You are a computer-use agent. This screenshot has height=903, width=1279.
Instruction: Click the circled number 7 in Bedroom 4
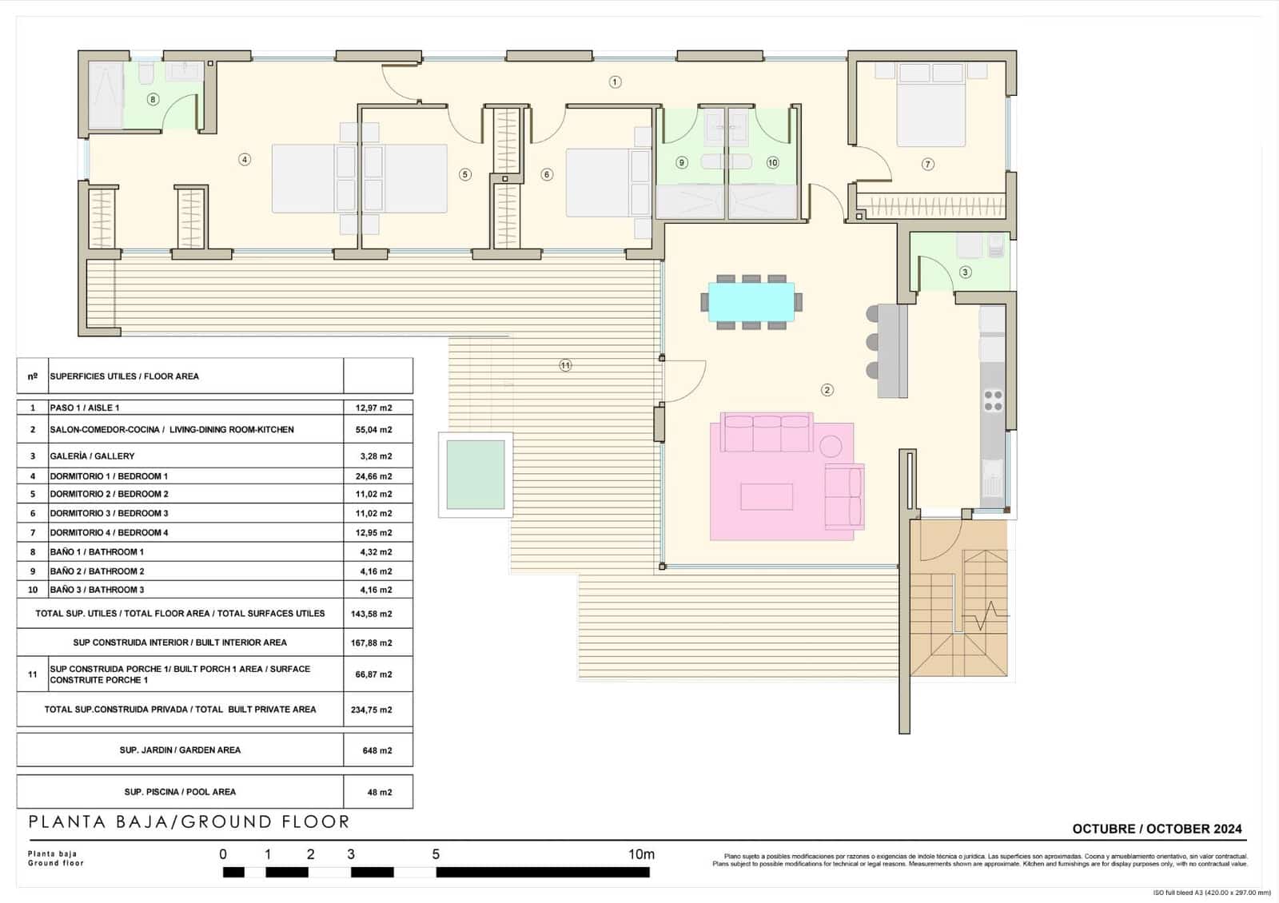pyautogui.click(x=927, y=164)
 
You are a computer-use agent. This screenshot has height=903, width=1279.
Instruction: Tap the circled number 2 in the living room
pyautogui.click(x=827, y=390)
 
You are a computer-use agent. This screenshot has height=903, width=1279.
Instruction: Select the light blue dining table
pyautogui.click(x=751, y=301)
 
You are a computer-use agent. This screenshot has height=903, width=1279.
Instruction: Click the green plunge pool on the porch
pyautogui.click(x=476, y=475)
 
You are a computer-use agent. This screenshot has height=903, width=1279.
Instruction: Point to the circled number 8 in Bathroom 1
pyautogui.click(x=153, y=100)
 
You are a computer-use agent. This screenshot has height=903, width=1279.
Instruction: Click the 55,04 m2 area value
pyautogui.click(x=373, y=430)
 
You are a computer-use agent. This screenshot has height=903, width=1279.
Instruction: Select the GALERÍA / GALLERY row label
pyautogui.click(x=92, y=456)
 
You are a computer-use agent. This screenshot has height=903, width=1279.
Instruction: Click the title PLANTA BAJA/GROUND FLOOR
pyautogui.click(x=189, y=821)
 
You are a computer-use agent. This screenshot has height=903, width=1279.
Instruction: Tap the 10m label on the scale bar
pyautogui.click(x=641, y=854)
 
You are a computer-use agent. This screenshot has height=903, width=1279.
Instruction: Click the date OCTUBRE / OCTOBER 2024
pyautogui.click(x=1157, y=829)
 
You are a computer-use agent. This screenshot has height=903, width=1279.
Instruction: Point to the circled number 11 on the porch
pyautogui.click(x=565, y=365)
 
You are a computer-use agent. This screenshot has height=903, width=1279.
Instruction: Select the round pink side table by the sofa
pyautogui.click(x=831, y=445)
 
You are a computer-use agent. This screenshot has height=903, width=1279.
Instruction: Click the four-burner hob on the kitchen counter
pyautogui.click(x=993, y=400)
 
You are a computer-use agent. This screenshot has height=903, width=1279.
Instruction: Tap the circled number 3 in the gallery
pyautogui.click(x=965, y=272)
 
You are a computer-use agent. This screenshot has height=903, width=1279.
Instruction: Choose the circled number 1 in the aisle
pyautogui.click(x=615, y=82)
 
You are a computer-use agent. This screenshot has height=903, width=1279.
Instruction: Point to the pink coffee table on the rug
pyautogui.click(x=767, y=496)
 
